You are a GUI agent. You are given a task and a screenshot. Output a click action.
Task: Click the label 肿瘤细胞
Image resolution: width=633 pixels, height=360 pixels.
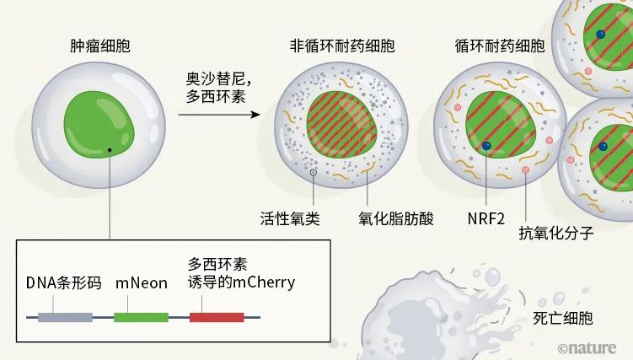[100, 46]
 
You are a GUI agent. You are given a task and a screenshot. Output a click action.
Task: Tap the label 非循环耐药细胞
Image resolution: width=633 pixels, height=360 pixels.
[342, 46]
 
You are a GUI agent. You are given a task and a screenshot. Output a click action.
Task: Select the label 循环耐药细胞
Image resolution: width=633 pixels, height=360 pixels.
[500, 46]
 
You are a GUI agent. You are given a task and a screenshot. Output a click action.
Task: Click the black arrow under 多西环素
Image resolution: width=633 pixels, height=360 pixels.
[219, 115]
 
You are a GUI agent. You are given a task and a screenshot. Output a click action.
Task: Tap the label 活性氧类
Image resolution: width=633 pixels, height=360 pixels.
[290, 218]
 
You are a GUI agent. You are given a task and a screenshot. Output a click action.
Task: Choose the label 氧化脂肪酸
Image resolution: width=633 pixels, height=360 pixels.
[395, 218]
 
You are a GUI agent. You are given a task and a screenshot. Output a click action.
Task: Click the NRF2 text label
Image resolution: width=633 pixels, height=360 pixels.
[486, 218]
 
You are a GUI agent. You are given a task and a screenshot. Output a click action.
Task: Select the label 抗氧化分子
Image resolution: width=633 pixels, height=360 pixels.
[556, 233]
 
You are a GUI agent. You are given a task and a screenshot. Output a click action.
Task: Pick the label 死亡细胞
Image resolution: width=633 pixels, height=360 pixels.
[563, 318]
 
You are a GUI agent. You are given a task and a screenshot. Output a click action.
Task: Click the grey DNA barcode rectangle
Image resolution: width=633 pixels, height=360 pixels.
[66, 317]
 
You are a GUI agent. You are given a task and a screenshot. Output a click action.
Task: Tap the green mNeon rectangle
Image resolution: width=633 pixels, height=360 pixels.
[141, 317]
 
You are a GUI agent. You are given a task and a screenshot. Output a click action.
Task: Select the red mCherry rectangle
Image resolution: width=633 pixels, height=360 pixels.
[217, 317]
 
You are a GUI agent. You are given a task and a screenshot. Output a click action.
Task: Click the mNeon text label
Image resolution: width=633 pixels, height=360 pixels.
[142, 283]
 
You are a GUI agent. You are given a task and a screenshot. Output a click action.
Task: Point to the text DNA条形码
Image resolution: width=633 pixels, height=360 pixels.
[63, 283]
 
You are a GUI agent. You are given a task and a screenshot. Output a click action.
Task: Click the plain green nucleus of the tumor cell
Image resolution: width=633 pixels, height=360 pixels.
[99, 124]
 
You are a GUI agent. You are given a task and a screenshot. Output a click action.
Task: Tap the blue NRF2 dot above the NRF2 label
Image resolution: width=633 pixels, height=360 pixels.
[486, 146]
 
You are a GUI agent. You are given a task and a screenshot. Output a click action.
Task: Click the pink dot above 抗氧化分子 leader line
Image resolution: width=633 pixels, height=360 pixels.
[525, 170]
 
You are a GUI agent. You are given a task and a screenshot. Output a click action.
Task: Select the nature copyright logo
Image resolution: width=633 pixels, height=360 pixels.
[587, 348]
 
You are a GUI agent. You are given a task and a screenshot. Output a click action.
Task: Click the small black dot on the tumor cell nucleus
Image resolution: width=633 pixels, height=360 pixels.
[110, 150]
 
